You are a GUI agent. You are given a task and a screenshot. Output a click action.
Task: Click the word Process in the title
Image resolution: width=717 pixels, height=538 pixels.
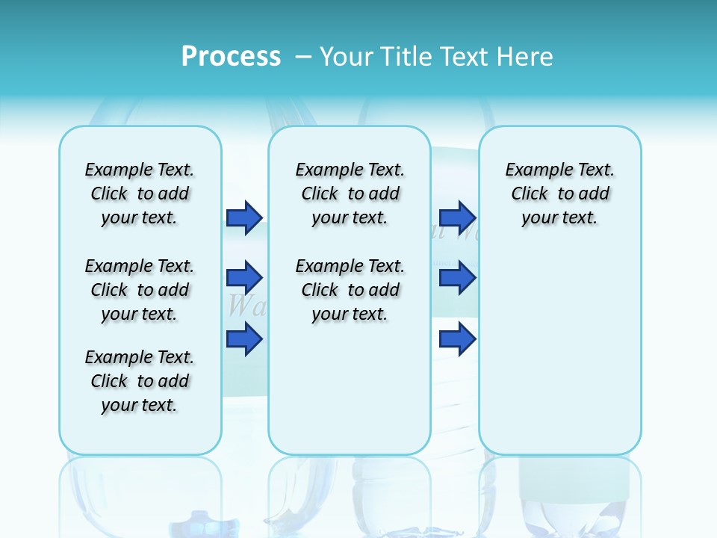point(231,56)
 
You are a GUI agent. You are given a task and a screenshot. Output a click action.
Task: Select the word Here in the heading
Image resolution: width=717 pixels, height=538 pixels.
point(527,57)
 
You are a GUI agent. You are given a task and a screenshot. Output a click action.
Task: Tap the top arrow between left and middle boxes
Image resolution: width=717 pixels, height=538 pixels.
point(244,217)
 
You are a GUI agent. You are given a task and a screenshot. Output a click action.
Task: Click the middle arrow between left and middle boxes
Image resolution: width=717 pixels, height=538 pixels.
point(244,278)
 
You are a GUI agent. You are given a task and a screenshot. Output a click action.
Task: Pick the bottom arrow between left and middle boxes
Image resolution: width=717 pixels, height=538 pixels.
point(244,339)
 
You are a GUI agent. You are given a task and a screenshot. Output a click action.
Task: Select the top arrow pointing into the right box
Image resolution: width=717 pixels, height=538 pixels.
point(457,217)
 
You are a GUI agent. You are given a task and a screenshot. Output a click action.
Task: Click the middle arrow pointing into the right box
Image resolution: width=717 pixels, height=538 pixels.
point(457,278)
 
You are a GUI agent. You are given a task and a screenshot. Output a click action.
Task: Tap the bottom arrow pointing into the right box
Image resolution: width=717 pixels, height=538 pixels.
point(457,339)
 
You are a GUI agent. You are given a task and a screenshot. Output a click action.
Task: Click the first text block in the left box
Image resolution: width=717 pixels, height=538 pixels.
point(140,194)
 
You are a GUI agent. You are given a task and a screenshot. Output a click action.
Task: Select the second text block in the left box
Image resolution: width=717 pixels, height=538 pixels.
point(140,290)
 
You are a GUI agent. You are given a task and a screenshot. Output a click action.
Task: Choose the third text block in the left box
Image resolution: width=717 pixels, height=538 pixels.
point(140,381)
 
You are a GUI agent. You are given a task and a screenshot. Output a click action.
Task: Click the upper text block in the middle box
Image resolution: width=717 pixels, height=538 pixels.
point(350,194)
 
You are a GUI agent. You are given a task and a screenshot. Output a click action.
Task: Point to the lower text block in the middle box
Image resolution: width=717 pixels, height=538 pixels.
point(350,290)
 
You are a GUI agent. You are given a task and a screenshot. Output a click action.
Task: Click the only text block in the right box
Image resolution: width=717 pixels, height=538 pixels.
point(559,194)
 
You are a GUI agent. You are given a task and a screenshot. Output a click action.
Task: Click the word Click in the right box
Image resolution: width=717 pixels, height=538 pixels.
point(530,194)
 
